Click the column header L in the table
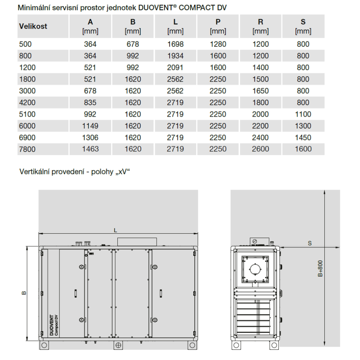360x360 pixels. pos(175,22)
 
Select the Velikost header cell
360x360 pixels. pos(33,26)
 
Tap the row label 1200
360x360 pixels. pos(27,68)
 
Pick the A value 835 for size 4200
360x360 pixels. pos(90,103)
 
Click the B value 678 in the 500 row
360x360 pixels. pos(132,44)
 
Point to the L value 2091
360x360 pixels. pos(175,68)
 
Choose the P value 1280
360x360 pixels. pos(218,44)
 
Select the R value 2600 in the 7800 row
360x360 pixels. pos(260,149)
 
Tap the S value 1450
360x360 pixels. pos(303,138)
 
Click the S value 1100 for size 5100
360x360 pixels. pos(303,114)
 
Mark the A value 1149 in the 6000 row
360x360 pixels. pos(90,126)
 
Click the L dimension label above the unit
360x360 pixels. pos(116,230)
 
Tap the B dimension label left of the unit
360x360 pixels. pos(23,293)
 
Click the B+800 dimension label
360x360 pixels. pos(320,269)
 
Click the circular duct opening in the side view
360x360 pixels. pos(255,269)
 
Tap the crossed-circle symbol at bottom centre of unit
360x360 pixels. pos(118,345)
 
